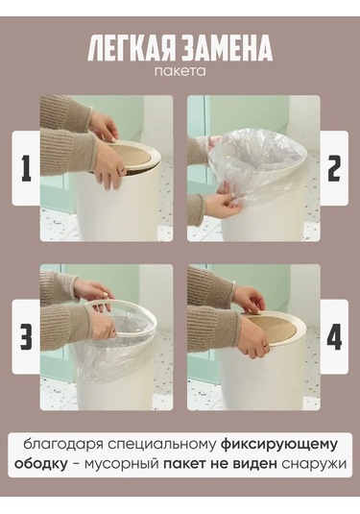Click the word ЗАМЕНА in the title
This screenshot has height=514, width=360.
click(227, 48)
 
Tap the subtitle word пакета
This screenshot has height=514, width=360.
click(180, 72)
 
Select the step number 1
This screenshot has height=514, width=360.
click(26, 168)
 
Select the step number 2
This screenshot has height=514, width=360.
click(334, 168)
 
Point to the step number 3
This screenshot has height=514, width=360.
click(26, 336)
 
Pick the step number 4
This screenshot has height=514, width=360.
click(334, 336)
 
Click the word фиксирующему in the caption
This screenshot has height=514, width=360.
click(279, 446)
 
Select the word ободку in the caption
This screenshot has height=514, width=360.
click(41, 464)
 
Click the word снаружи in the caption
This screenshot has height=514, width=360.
click(314, 464)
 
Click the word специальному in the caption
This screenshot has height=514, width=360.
click(162, 446)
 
